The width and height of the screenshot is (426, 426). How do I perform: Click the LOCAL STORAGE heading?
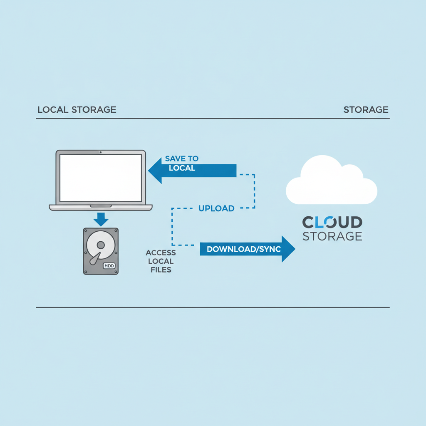click(x=77, y=109)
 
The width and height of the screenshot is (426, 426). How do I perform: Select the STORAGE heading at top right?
click(x=366, y=109)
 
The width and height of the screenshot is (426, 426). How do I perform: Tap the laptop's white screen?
click(x=101, y=178)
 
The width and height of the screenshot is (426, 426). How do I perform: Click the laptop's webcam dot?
click(x=101, y=152)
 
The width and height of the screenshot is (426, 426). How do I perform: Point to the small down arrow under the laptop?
click(x=101, y=219)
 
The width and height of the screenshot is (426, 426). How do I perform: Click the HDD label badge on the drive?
click(x=109, y=266)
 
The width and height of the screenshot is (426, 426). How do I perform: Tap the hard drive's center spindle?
click(x=101, y=245)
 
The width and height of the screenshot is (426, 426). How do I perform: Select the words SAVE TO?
click(x=182, y=159)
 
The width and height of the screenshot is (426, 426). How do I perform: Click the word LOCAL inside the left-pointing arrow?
click(x=182, y=168)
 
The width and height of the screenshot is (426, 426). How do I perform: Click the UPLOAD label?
click(x=216, y=208)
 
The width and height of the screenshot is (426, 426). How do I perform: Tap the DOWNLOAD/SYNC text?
click(x=244, y=249)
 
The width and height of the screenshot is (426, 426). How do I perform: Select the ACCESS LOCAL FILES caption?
click(x=161, y=261)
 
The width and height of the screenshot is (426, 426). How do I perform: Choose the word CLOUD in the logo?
click(x=332, y=222)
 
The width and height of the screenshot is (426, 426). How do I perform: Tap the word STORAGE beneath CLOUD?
click(x=332, y=236)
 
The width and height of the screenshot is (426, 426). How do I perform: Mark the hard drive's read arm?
click(x=95, y=258)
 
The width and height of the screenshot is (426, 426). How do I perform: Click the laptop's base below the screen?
click(x=101, y=208)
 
